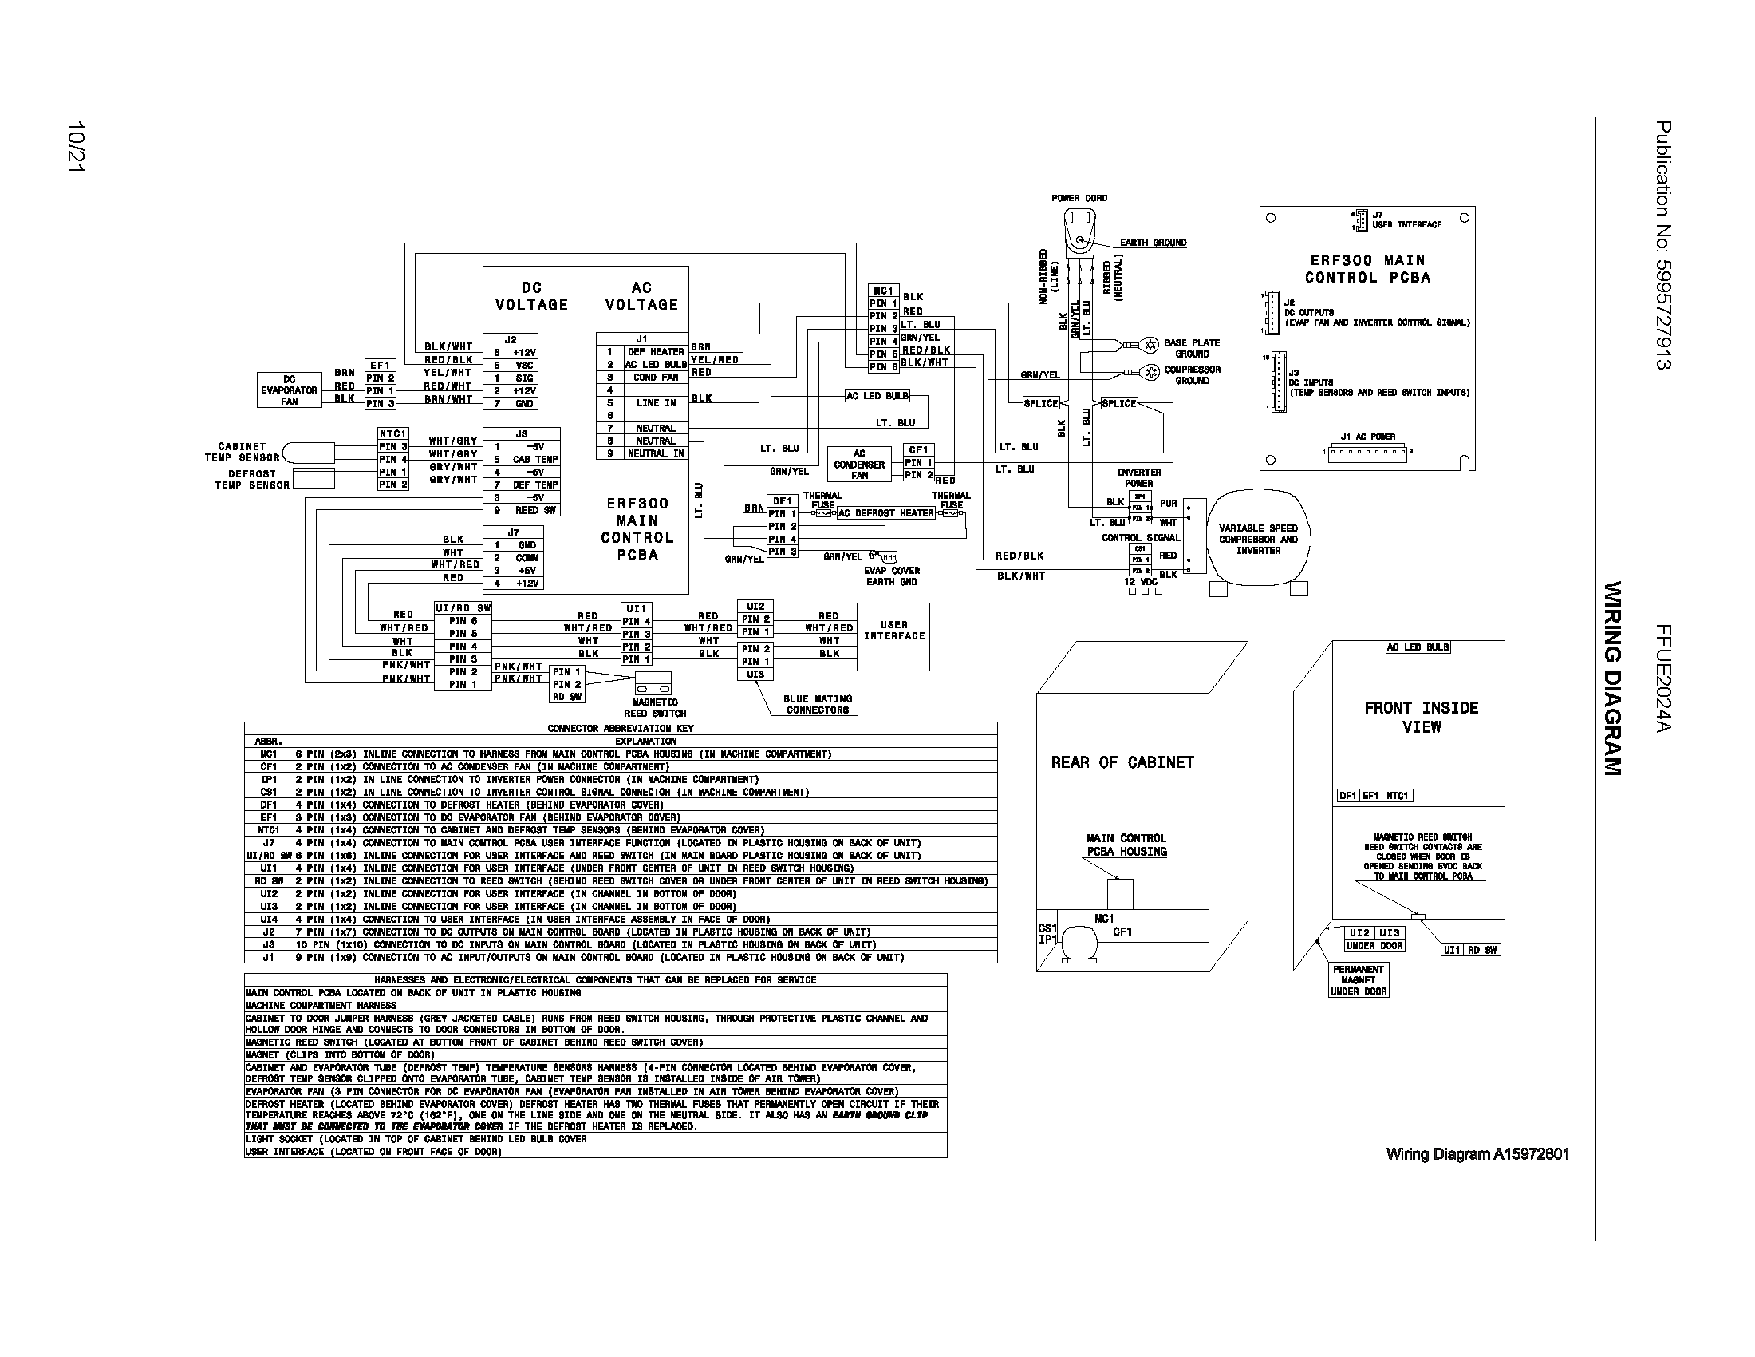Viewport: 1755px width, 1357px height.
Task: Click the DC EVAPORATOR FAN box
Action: coord(289,390)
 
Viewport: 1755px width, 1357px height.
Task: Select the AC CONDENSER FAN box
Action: coord(859,465)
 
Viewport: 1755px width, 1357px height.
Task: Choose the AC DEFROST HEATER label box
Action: coord(885,513)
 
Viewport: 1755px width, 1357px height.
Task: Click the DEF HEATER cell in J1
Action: coord(655,351)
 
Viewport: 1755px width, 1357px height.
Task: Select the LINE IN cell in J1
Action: coord(655,403)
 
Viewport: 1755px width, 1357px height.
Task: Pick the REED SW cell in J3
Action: coord(527,511)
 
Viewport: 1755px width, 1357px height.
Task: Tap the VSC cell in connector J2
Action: coord(524,365)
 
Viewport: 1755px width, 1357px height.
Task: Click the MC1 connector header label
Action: coord(883,291)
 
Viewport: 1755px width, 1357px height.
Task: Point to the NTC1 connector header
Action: coord(393,433)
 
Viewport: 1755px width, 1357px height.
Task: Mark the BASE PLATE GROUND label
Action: coord(1191,348)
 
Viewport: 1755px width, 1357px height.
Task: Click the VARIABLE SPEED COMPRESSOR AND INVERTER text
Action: coord(1257,540)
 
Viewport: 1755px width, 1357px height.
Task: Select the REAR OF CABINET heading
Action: coord(1122,762)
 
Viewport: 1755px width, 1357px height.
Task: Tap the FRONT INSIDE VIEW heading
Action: coord(1421,717)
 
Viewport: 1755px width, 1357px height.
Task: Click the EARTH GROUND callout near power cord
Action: coord(1153,243)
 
